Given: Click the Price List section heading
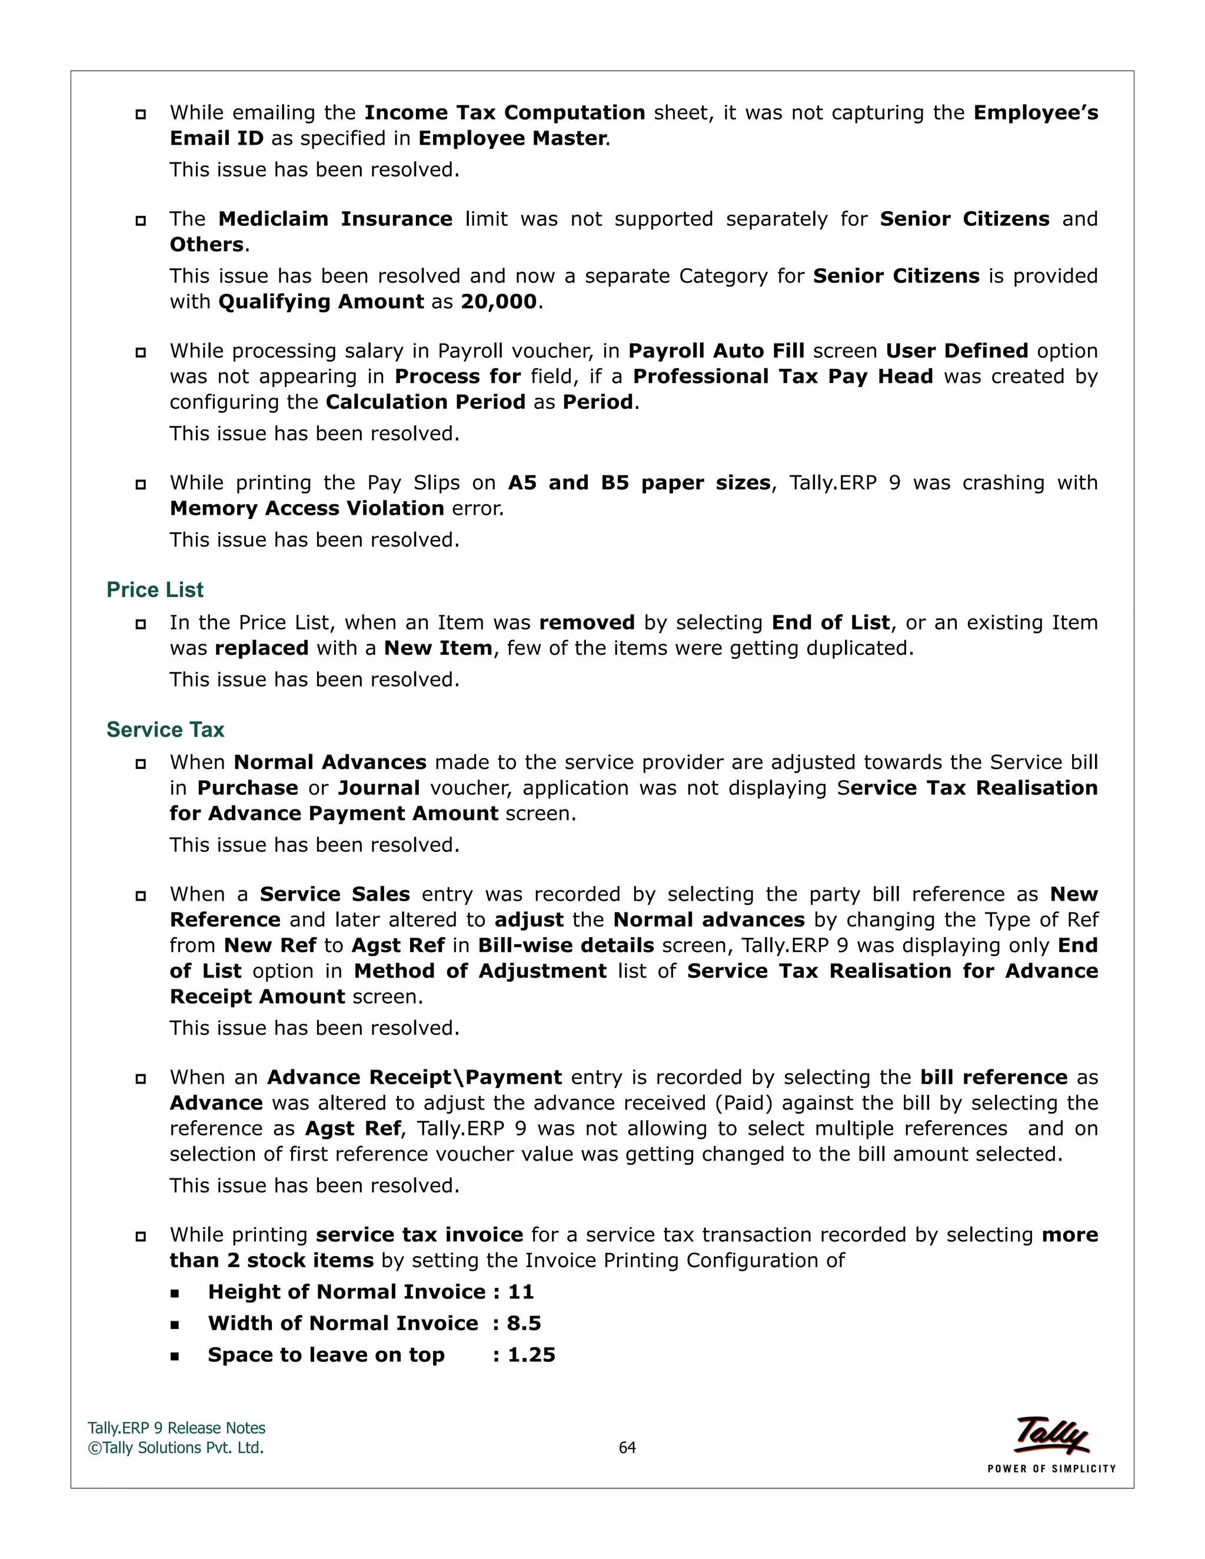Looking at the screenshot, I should pyautogui.click(x=155, y=589).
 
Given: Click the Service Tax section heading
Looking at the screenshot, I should pyautogui.click(x=165, y=729).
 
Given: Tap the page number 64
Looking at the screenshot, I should pyautogui.click(x=627, y=1448).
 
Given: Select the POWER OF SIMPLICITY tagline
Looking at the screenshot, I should pyautogui.click(x=1051, y=1469).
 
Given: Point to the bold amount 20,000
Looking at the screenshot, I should pyautogui.click(x=498, y=301).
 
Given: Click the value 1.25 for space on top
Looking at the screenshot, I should pyautogui.click(x=531, y=1355).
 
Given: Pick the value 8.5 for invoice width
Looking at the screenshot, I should pyautogui.click(x=524, y=1324).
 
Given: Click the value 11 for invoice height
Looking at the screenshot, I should pyautogui.click(x=521, y=1292).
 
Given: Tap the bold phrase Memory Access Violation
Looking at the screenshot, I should pyautogui.click(x=307, y=508).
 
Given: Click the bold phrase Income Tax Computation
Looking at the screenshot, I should pyautogui.click(x=505, y=113).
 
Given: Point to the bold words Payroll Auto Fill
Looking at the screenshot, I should pyautogui.click(x=716, y=351).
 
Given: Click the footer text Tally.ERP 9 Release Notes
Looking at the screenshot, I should pyautogui.click(x=177, y=1428).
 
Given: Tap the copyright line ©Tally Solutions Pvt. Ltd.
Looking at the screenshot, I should pyautogui.click(x=175, y=1448).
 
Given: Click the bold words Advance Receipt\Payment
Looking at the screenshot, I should pyautogui.click(x=414, y=1077).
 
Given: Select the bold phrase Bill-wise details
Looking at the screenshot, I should pyautogui.click(x=565, y=945).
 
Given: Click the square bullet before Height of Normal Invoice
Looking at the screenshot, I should pyautogui.click(x=175, y=1292).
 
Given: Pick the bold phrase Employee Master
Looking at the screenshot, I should pyautogui.click(x=512, y=138).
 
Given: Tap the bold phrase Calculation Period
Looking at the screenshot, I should pyautogui.click(x=425, y=402).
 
